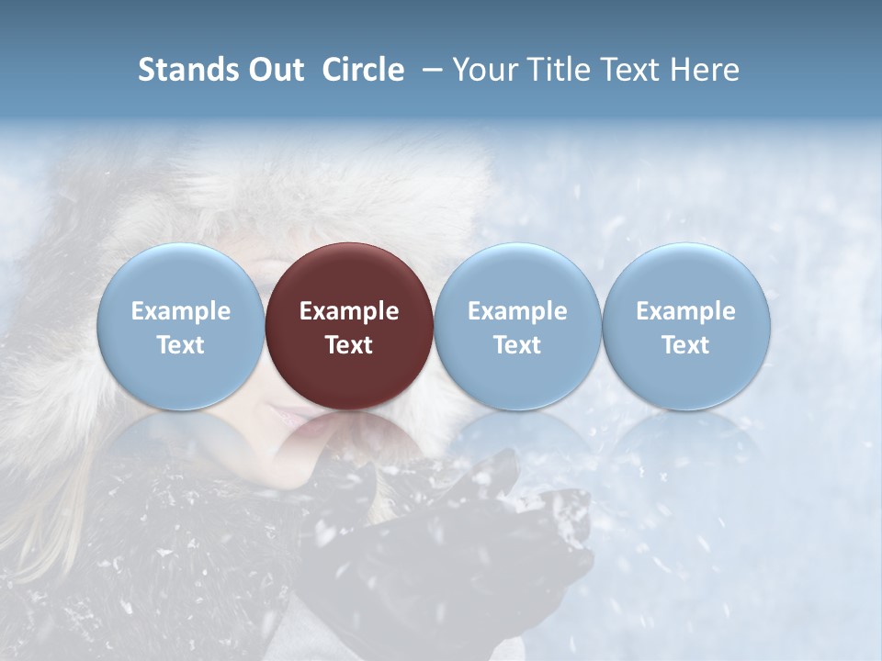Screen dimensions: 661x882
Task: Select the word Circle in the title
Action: click(363, 70)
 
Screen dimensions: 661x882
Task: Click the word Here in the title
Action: click(704, 70)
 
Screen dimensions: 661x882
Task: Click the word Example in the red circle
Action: click(349, 311)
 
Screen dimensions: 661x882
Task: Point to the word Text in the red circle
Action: click(349, 345)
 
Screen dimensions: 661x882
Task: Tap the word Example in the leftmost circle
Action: click(180, 311)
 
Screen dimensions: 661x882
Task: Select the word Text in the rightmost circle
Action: click(685, 345)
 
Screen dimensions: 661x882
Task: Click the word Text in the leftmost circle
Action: click(180, 345)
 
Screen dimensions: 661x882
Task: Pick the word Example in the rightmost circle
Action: click(685, 311)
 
